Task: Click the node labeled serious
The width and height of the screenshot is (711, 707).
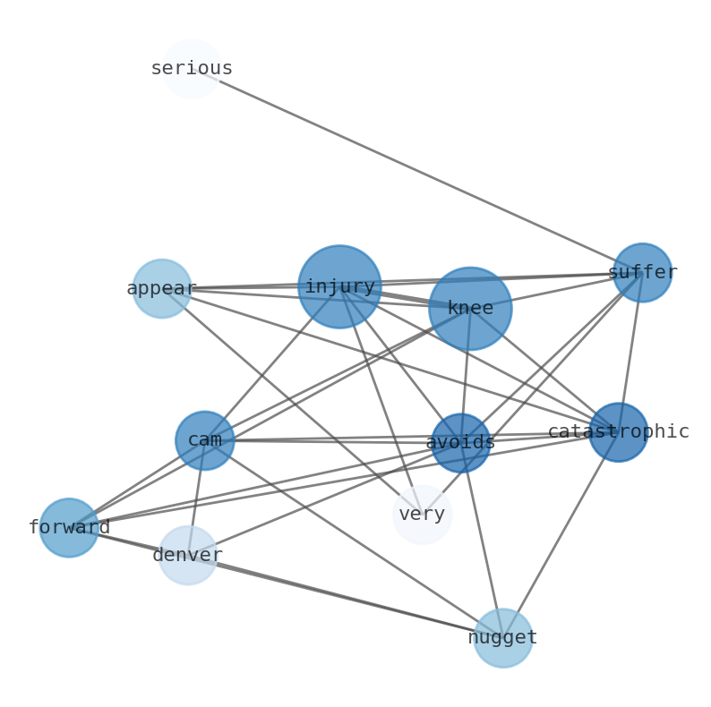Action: click(x=192, y=68)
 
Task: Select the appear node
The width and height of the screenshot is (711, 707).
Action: click(x=162, y=288)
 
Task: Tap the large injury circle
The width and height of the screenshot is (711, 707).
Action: click(x=339, y=286)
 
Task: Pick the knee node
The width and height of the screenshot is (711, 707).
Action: click(x=470, y=309)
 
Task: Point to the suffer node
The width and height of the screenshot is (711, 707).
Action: click(x=642, y=272)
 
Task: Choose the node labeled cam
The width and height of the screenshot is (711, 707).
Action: click(x=205, y=440)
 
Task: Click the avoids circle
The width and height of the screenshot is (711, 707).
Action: click(x=460, y=442)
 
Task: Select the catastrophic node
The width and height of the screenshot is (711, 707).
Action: click(x=618, y=432)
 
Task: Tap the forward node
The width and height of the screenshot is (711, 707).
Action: click(x=69, y=527)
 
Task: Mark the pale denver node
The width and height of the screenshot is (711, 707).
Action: click(x=188, y=555)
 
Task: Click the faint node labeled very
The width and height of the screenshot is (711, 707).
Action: click(x=422, y=515)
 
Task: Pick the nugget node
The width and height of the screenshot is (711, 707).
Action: click(x=503, y=638)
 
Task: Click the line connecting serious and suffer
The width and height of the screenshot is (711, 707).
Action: click(x=416, y=170)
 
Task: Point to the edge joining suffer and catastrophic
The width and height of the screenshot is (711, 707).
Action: click(x=630, y=352)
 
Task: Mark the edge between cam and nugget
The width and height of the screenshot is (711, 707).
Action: click(x=354, y=539)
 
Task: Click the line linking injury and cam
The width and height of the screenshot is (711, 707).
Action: click(x=272, y=363)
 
